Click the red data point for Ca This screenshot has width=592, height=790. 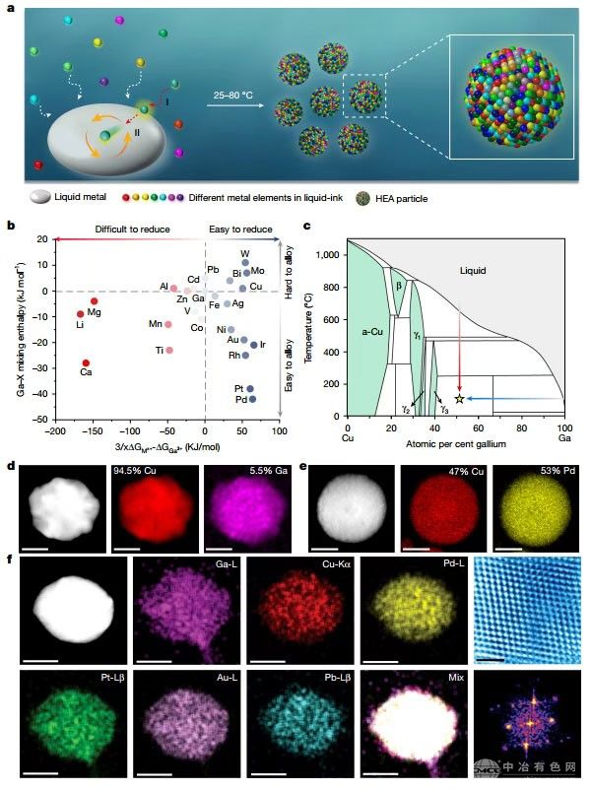(x=86, y=363)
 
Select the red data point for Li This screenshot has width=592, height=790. (x=81, y=314)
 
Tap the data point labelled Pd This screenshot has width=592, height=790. (x=252, y=399)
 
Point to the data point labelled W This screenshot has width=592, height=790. (x=245, y=263)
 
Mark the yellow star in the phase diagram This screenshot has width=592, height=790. (x=459, y=398)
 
